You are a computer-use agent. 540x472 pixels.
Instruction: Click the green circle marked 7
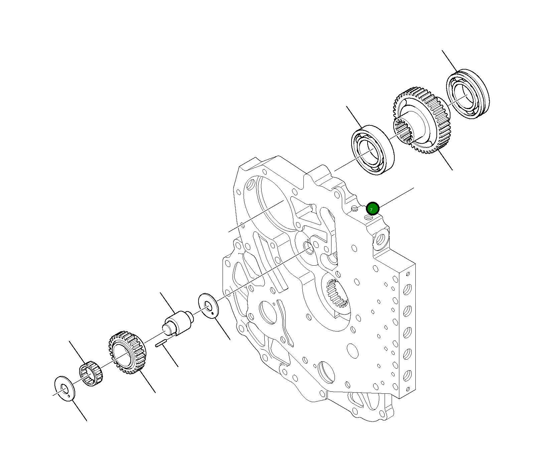point(372,208)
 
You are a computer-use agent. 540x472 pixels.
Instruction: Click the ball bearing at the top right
point(468,95)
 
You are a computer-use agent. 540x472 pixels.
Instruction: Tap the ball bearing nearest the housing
point(373,150)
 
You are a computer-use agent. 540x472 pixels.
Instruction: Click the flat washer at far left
point(64,388)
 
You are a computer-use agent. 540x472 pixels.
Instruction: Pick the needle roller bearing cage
point(91,373)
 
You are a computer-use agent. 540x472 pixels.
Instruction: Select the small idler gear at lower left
point(127,352)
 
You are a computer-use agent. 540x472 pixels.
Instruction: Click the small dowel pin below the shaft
point(161,344)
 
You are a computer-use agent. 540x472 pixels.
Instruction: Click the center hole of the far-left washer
point(63,388)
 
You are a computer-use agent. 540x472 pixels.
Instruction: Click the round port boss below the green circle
point(381,239)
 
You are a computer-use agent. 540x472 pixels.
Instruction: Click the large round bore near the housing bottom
point(326,372)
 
